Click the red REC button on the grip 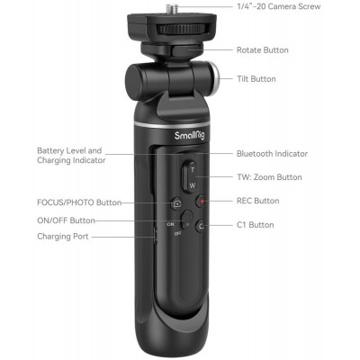(x=202, y=202)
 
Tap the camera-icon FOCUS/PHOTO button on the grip (x=177, y=203)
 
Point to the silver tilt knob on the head (x=216, y=78)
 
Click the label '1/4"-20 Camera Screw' (x=277, y=7)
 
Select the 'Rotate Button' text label (x=262, y=49)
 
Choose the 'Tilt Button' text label (x=256, y=79)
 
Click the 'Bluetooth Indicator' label (x=271, y=154)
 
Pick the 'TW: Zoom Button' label (x=269, y=177)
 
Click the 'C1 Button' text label (x=255, y=224)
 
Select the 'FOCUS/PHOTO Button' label (x=79, y=202)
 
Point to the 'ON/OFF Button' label (x=66, y=220)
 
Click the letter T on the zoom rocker (x=191, y=168)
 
